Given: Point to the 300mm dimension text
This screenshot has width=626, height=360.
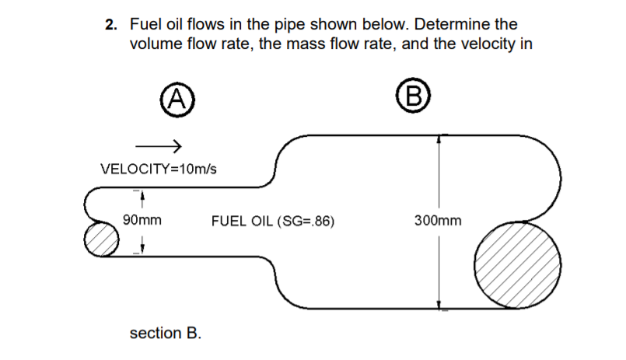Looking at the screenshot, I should coord(439,221).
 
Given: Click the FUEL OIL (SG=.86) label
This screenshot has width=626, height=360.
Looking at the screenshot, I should coord(273,221).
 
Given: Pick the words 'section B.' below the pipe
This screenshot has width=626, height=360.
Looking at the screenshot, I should coord(165,334).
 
